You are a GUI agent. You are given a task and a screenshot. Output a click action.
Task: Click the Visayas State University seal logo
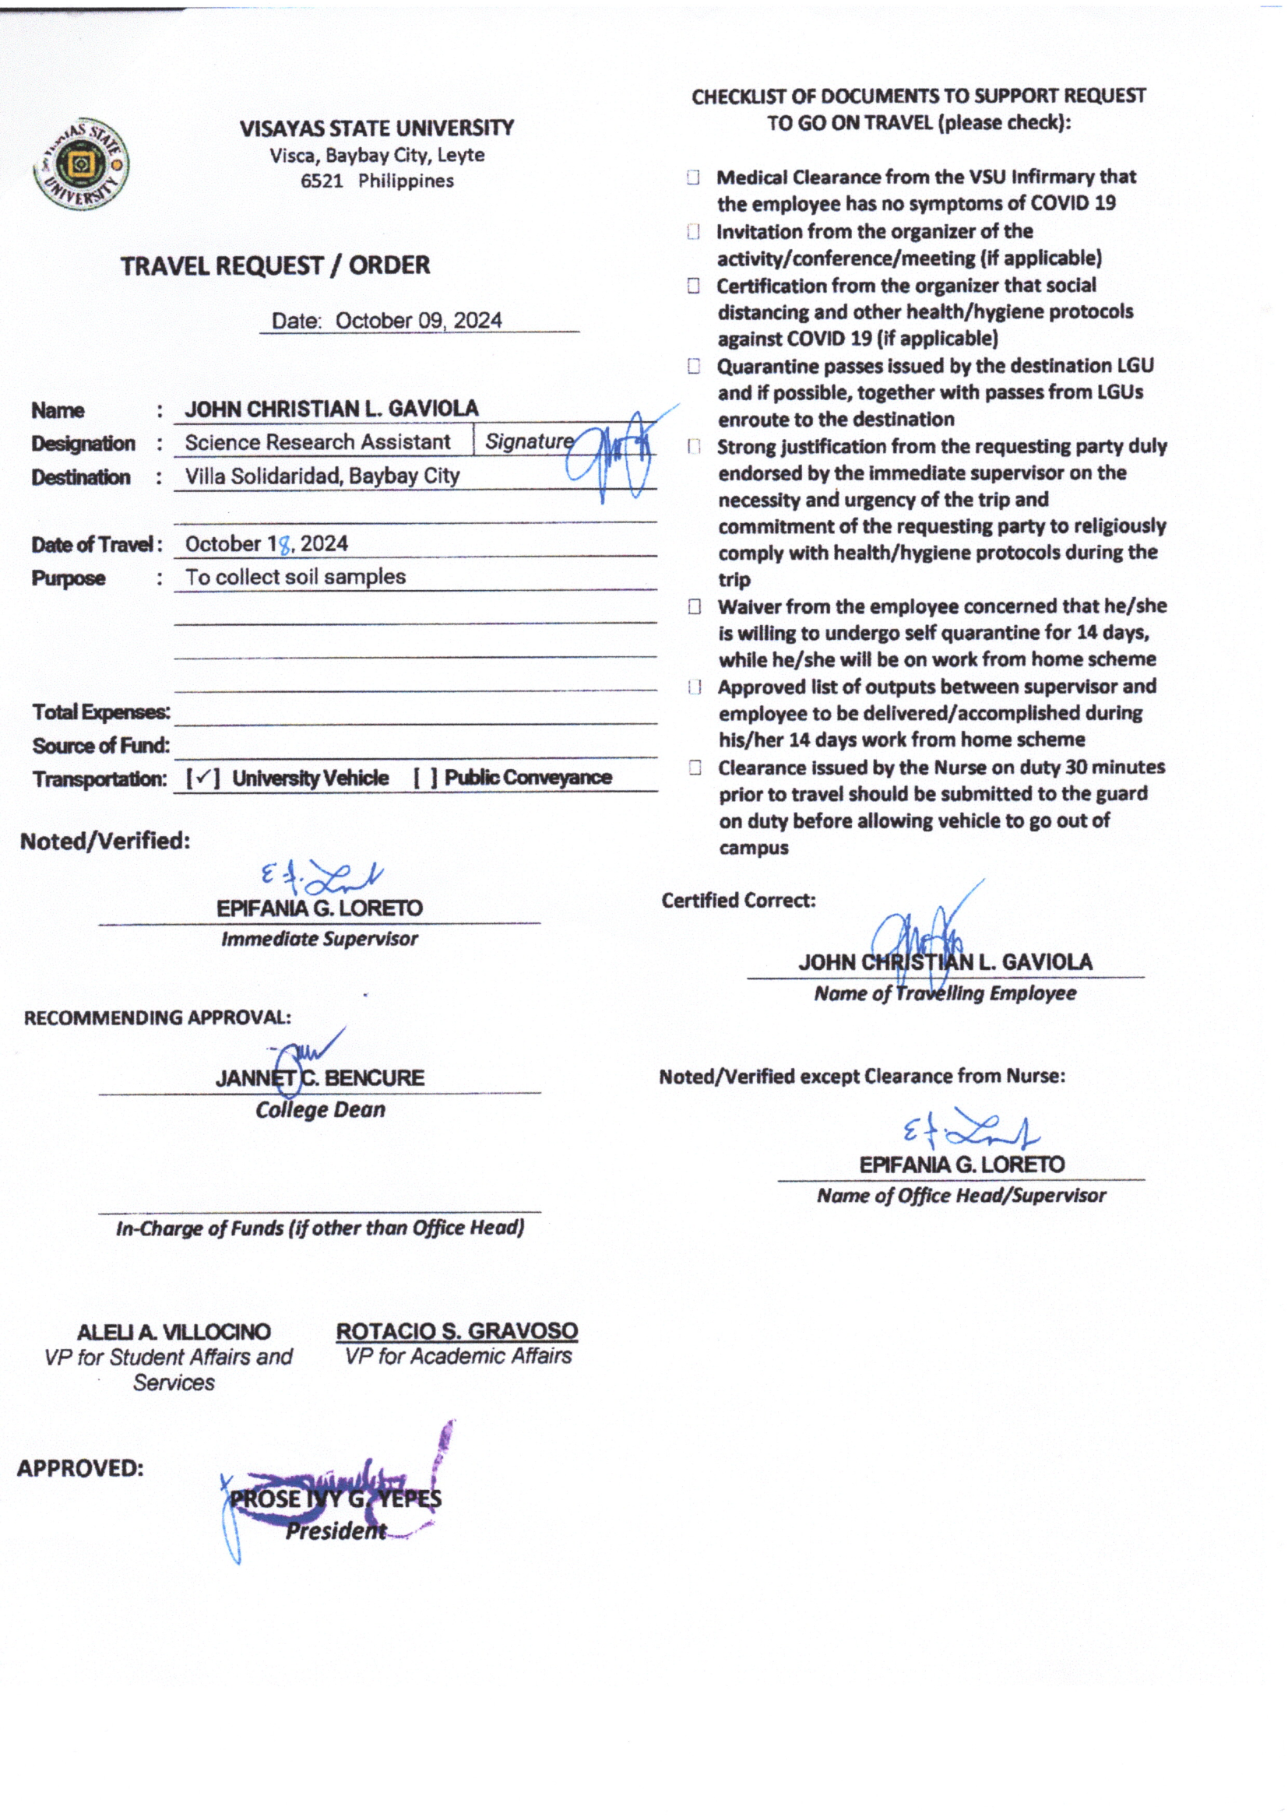pyautogui.click(x=81, y=166)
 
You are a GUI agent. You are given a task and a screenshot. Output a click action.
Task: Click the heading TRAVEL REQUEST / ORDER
pyautogui.click(x=275, y=265)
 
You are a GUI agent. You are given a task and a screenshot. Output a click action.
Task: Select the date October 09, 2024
pyautogui.click(x=418, y=321)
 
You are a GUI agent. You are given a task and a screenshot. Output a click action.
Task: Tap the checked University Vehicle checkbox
pyautogui.click(x=203, y=778)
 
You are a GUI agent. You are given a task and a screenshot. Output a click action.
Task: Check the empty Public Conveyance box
pyautogui.click(x=425, y=778)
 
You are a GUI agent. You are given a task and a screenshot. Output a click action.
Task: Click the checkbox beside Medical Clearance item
pyautogui.click(x=693, y=177)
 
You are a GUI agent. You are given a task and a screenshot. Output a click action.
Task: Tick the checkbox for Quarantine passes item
pyautogui.click(x=694, y=366)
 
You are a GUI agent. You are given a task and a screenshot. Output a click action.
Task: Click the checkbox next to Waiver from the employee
pyautogui.click(x=695, y=607)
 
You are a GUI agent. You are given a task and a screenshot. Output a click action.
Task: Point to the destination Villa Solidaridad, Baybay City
pyautogui.click(x=322, y=476)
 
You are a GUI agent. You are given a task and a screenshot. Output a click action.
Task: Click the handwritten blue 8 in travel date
pyautogui.click(x=285, y=546)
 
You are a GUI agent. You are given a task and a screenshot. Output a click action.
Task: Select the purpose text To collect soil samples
pyautogui.click(x=295, y=577)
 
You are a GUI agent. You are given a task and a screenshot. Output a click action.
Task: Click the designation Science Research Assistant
pyautogui.click(x=317, y=442)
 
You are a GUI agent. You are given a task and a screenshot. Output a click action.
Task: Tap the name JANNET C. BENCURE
pyautogui.click(x=319, y=1078)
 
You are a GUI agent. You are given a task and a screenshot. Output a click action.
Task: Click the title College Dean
pyautogui.click(x=319, y=1110)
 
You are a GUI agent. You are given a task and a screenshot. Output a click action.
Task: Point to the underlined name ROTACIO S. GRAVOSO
pyautogui.click(x=457, y=1332)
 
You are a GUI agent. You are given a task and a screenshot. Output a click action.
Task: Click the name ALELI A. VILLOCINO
pyautogui.click(x=174, y=1333)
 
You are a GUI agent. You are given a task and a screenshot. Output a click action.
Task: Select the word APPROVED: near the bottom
pyautogui.click(x=80, y=1469)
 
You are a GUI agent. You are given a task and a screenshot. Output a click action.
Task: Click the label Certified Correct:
pyautogui.click(x=738, y=901)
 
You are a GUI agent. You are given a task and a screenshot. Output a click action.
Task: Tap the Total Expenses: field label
pyautogui.click(x=100, y=712)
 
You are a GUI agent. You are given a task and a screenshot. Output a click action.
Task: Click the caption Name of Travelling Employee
pyautogui.click(x=945, y=993)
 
